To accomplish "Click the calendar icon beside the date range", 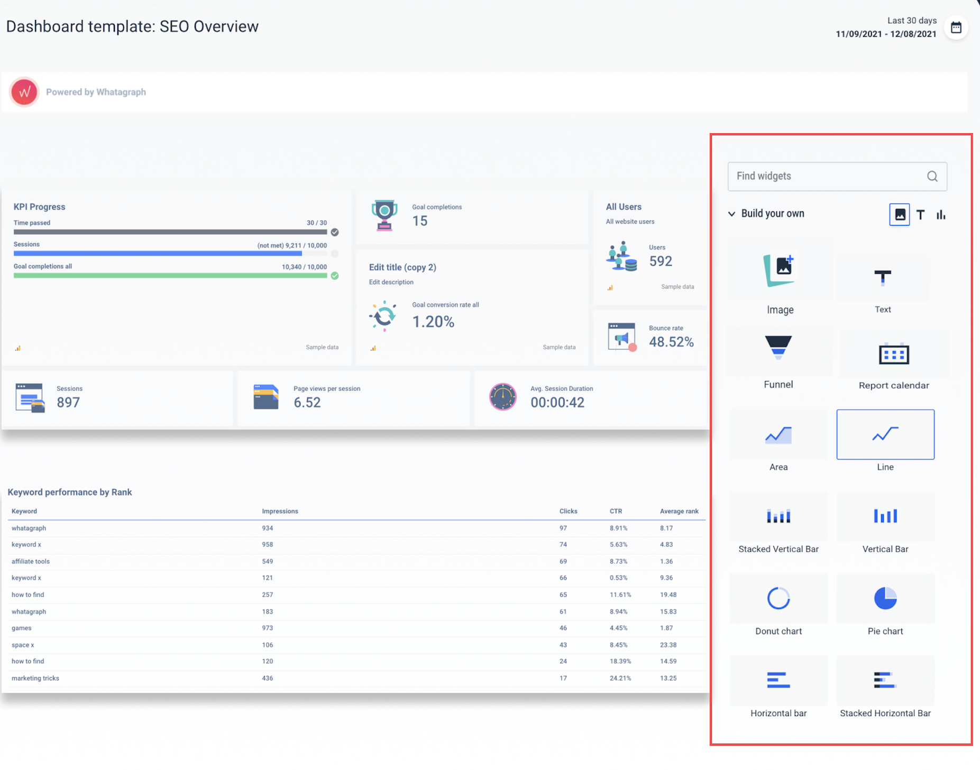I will click(956, 27).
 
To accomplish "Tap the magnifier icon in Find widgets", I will click(932, 177).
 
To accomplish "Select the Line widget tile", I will click(885, 434).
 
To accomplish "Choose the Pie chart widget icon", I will click(885, 598).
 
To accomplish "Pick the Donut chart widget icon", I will click(778, 598).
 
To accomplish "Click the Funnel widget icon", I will click(778, 347).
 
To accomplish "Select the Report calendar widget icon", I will click(893, 354).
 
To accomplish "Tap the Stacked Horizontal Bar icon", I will click(884, 680).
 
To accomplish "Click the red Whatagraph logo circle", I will click(24, 92).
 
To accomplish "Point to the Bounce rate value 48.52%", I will click(671, 342).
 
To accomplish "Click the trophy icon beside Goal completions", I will click(384, 215).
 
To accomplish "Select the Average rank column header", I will click(679, 511).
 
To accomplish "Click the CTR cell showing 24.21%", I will click(620, 678).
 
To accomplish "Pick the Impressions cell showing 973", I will click(268, 628).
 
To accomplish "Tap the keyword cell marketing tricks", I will click(35, 678).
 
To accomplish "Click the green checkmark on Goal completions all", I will click(335, 275).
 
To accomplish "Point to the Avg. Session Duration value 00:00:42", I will click(557, 402).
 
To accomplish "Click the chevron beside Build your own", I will click(731, 214).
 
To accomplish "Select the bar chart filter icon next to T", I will click(940, 215).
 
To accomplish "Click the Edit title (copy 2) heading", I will click(402, 267).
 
